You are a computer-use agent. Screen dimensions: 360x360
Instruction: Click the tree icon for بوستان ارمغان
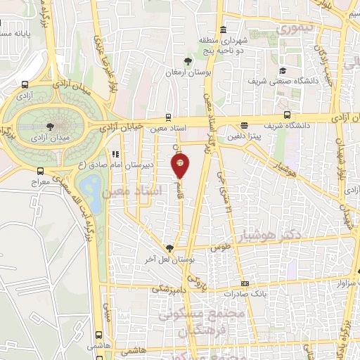click(187, 62)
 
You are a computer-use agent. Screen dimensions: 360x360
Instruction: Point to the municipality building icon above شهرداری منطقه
click(223, 30)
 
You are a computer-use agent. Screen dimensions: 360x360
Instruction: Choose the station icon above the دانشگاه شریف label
click(287, 115)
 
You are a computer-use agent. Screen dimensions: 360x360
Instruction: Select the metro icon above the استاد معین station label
click(168, 117)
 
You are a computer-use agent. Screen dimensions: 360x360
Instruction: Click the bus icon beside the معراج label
click(40, 171)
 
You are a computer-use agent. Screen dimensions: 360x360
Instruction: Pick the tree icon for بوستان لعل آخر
click(169, 247)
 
